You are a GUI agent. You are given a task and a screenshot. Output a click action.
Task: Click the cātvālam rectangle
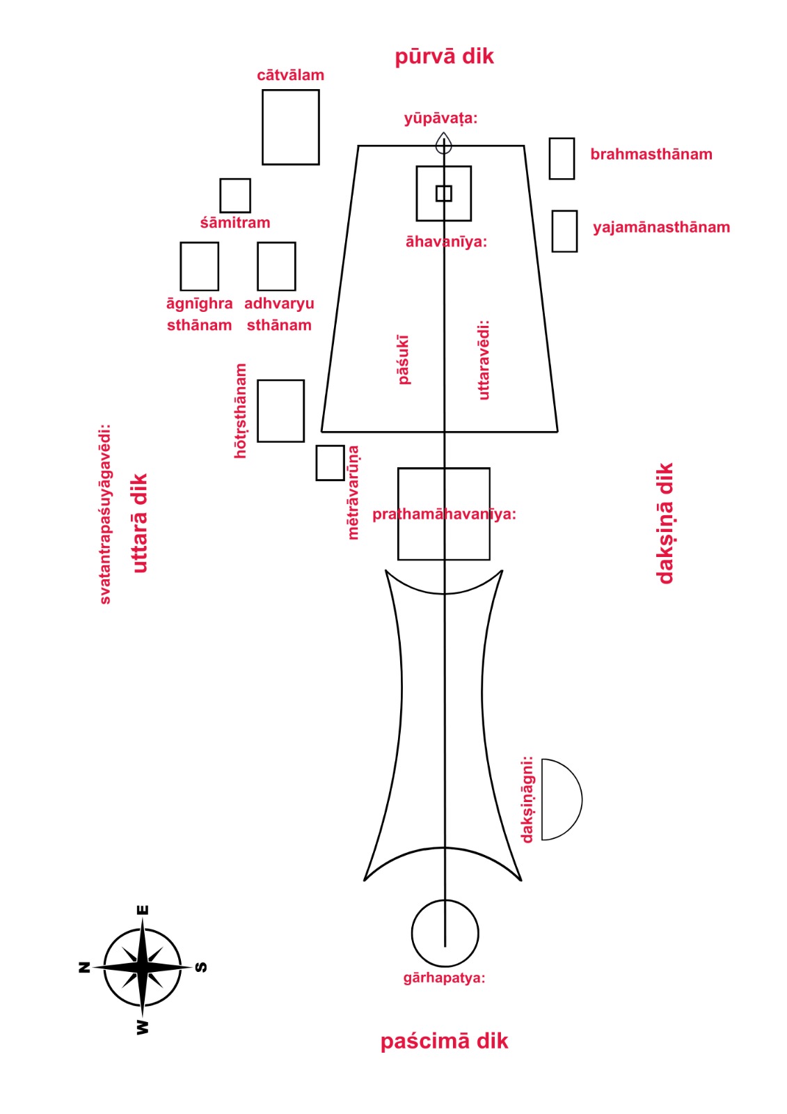290,127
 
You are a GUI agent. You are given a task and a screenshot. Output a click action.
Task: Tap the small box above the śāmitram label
235,196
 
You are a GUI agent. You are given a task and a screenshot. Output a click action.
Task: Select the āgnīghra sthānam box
199,266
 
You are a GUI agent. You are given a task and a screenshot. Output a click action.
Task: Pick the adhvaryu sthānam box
276,266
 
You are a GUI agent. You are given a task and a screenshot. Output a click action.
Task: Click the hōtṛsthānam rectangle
280,411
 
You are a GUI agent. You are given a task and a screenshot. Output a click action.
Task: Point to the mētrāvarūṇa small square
330,463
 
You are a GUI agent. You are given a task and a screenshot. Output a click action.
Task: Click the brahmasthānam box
562,159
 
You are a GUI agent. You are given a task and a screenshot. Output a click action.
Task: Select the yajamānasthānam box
564,231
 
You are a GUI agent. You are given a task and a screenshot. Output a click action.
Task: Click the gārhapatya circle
445,933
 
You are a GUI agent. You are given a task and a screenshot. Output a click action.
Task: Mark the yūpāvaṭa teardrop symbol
444,144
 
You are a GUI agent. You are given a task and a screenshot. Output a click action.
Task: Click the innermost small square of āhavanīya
444,194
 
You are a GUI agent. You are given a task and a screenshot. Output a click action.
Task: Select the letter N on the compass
85,967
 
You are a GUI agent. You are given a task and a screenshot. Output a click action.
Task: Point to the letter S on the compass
201,967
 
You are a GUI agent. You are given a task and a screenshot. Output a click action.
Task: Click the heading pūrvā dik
444,56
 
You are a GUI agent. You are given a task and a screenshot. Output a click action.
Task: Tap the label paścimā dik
444,1042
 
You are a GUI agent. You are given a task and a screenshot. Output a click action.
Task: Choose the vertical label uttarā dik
140,523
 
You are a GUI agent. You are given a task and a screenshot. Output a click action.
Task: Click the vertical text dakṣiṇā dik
665,523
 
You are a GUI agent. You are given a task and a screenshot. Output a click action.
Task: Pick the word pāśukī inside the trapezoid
404,359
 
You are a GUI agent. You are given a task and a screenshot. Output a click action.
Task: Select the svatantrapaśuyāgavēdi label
105,514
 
